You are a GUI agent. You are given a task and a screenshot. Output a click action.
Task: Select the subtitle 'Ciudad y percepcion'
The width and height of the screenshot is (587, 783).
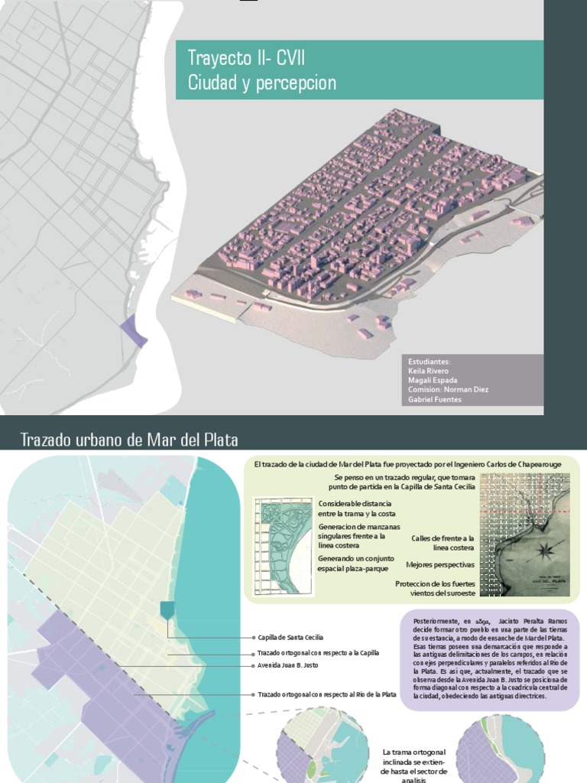coord(261,83)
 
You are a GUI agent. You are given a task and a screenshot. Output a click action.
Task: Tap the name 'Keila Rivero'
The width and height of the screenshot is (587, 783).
coord(428,371)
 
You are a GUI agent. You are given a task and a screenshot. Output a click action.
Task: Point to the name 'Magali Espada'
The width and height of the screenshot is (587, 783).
coord(433,380)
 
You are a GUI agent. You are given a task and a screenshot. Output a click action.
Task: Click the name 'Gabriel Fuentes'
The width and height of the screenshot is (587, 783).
coord(435,399)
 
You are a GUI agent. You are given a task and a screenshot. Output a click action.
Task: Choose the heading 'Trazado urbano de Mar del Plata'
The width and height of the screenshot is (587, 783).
coord(129,440)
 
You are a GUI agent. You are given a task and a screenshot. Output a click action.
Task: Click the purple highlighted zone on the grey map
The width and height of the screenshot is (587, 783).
coord(131,330)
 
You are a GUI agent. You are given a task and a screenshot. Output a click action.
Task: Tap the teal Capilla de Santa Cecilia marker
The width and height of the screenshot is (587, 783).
coord(167,609)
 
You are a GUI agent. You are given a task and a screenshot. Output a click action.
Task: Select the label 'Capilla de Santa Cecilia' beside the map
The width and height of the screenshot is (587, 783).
coord(290,637)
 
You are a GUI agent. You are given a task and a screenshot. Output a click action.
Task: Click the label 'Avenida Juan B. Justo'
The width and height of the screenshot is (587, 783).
coord(288,665)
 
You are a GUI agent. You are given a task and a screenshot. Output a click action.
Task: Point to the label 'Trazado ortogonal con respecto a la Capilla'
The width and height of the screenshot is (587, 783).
coord(318,653)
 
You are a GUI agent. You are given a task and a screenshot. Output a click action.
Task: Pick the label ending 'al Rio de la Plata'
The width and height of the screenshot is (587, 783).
coord(327,694)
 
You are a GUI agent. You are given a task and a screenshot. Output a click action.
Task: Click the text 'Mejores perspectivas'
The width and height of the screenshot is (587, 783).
coord(439,564)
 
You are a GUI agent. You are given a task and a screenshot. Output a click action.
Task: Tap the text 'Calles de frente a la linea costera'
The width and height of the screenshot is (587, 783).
coord(443,543)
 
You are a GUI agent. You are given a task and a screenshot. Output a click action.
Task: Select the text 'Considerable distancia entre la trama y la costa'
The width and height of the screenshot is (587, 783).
coord(355,508)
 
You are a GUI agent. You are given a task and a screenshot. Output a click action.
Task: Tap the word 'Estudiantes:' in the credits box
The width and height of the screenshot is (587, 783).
coord(429,362)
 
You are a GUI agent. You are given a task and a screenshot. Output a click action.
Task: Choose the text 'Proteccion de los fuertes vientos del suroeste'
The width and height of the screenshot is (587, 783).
coord(434,588)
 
